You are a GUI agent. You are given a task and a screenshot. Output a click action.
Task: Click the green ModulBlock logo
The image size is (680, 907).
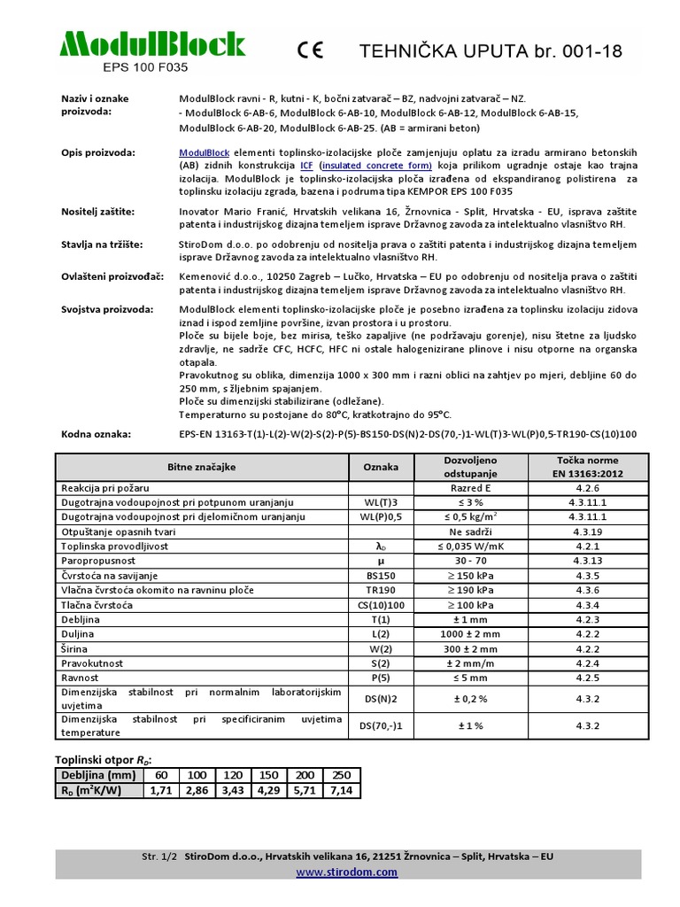pyautogui.click(x=151, y=44)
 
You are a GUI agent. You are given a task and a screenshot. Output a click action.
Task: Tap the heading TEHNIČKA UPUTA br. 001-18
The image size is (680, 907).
pyautogui.click(x=490, y=52)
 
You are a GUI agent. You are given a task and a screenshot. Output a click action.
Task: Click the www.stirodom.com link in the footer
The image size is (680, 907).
pyautogui.click(x=346, y=872)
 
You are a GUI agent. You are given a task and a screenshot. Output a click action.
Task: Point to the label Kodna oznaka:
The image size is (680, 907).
pyautogui.click(x=96, y=434)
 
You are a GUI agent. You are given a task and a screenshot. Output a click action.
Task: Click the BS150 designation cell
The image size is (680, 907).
pyautogui.click(x=381, y=576)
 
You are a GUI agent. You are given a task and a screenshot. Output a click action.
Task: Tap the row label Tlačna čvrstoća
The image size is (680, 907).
pyautogui.click(x=97, y=605)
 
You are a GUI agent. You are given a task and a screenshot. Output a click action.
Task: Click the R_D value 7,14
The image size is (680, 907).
pyautogui.click(x=341, y=790)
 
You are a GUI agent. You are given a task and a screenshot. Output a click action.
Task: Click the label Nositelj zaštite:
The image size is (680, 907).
pyautogui.click(x=97, y=212)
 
